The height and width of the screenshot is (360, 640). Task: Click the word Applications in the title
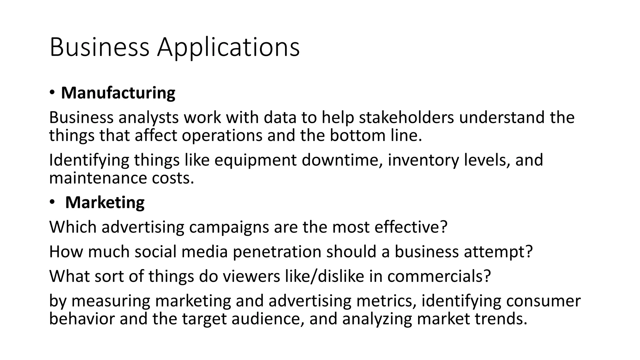[228, 47]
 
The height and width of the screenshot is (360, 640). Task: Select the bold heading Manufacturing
[118, 93]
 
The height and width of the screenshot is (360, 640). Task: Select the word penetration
[277, 252]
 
